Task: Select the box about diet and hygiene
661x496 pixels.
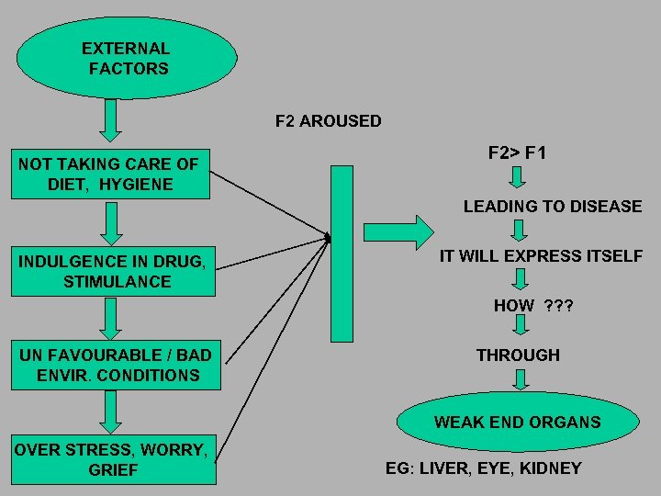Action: coord(110,174)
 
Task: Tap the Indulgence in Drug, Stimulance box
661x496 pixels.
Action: coord(113,271)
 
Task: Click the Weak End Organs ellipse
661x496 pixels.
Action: coord(517,422)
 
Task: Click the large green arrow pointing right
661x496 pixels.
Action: coord(398,230)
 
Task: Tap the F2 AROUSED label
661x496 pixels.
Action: coord(329,121)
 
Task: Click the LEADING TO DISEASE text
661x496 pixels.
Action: coord(552,207)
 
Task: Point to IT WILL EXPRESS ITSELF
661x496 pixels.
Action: coord(541,256)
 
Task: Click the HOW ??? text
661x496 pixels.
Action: coord(532,306)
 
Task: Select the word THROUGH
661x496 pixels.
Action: coord(518,355)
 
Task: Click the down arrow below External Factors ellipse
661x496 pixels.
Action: coord(110,117)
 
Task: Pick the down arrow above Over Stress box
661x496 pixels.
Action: coord(110,412)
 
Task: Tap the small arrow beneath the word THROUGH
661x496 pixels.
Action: coord(520,379)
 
